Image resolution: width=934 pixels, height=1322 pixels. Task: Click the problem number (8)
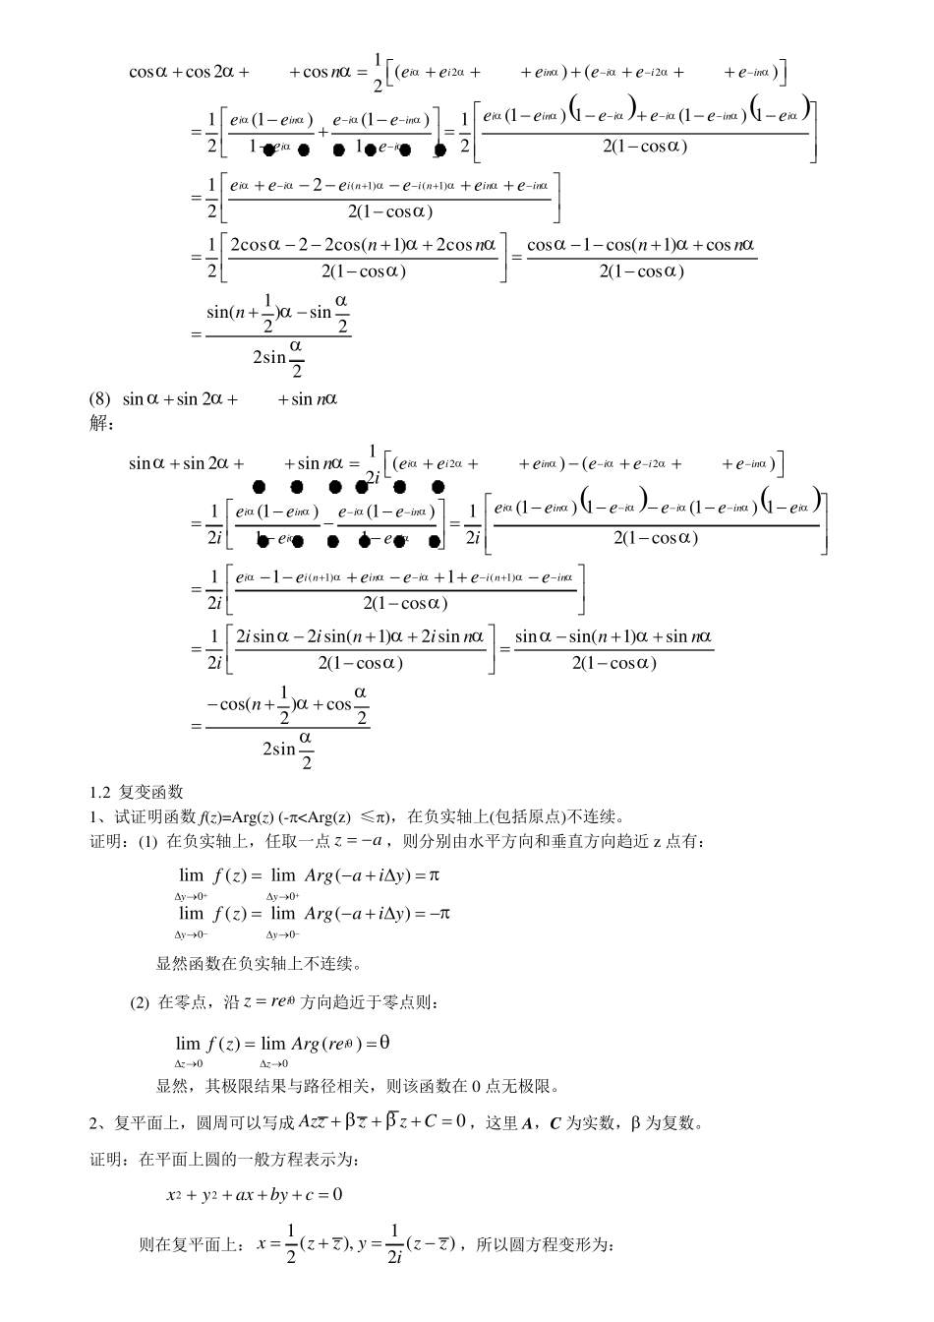coord(100,399)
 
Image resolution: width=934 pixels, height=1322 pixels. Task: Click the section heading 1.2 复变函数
coord(137,792)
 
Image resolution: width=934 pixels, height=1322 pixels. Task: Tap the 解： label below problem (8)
coord(102,424)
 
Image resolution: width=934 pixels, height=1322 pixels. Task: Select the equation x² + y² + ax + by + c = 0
coord(254,1195)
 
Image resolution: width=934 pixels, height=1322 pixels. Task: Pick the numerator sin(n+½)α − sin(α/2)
coord(277,312)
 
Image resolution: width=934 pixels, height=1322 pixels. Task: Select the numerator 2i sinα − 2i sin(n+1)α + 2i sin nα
coord(360,636)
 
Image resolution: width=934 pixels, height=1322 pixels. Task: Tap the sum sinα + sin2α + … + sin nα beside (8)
coord(229,399)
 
